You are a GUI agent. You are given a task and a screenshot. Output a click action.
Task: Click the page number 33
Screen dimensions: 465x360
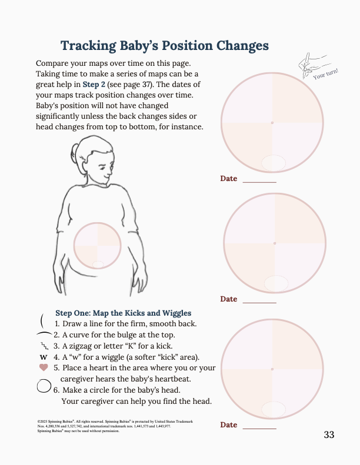coord(329,435)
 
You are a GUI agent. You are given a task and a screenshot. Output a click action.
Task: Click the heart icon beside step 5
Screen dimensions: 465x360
coord(43,367)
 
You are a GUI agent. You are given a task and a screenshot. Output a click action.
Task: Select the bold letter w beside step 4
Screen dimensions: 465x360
coord(43,357)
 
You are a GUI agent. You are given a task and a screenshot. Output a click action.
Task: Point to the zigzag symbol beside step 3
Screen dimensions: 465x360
coord(44,346)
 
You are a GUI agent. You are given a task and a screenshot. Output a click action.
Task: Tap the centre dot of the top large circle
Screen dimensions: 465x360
coord(272,123)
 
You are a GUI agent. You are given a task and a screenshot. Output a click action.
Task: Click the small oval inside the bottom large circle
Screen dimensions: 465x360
coord(274,409)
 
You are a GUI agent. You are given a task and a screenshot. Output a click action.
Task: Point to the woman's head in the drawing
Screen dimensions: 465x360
coord(96,159)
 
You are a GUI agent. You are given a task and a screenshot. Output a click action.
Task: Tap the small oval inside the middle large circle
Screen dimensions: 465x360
coord(276,283)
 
